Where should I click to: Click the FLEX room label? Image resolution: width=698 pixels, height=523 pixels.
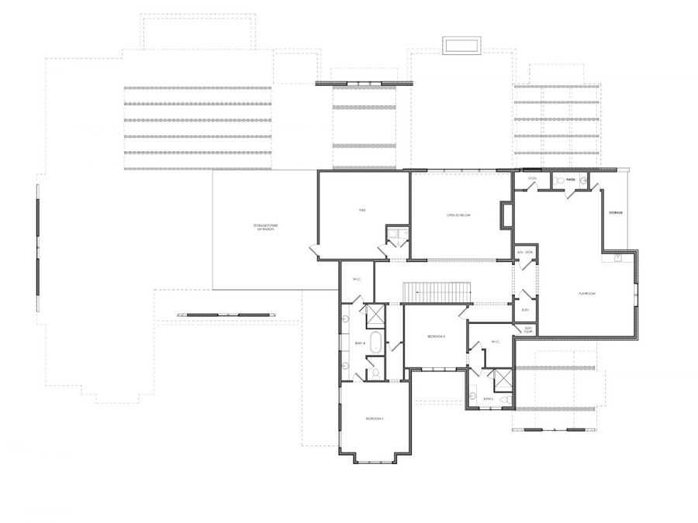pos(362,210)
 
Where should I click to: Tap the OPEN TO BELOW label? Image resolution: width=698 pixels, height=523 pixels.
pos(458,215)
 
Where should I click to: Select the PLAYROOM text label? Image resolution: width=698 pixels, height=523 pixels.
pos(586,294)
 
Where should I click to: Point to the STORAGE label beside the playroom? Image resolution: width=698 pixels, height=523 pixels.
pos(617,212)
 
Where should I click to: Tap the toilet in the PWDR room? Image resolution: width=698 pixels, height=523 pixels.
pos(559,181)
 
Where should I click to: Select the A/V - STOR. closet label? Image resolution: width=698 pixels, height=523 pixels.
pos(524,253)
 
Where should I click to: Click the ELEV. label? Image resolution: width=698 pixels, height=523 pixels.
pos(525,310)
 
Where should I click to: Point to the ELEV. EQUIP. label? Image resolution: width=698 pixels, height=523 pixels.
pos(527,329)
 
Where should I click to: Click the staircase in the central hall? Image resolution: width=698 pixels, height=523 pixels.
pos(437,292)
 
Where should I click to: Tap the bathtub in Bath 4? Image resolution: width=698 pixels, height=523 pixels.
pos(375,342)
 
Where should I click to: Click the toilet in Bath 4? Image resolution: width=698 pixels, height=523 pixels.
pos(375,373)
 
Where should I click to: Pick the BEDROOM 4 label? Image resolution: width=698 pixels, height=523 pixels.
pos(375,418)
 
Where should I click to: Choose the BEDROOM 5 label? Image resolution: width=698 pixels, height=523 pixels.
pos(436,336)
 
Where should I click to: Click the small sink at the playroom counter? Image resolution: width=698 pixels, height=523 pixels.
pos(617,258)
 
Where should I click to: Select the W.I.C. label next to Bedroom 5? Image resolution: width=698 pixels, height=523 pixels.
pos(493,341)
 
